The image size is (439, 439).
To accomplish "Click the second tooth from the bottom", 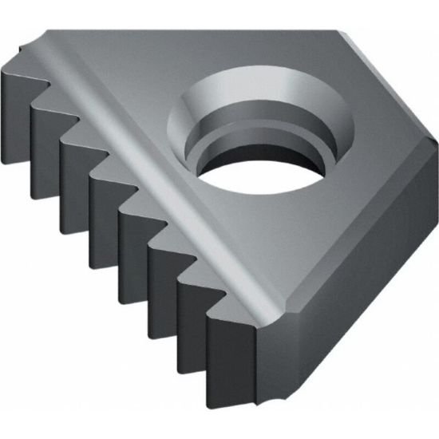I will (x=192, y=319).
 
